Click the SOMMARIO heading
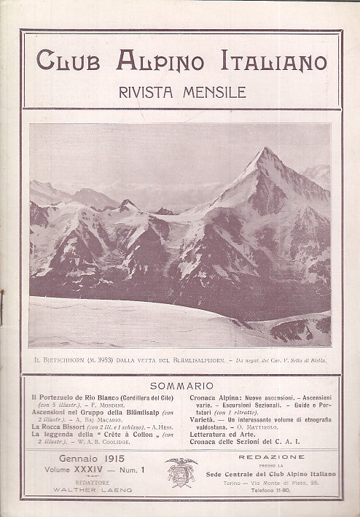coord(182,384)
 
